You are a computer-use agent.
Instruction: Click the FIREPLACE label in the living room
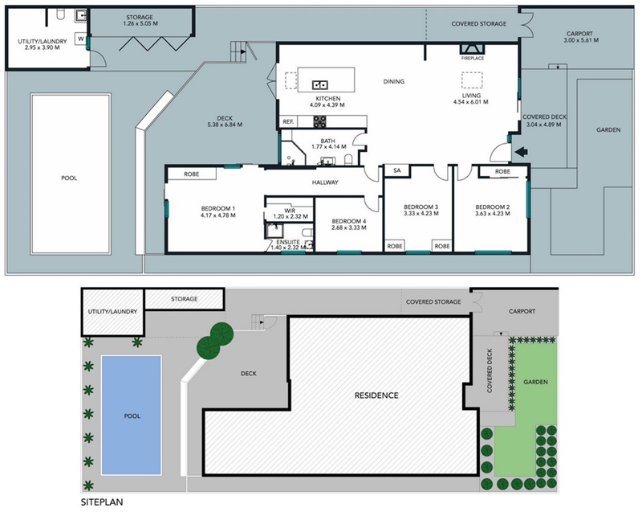click(x=473, y=58)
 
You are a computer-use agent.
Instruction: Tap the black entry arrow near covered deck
click(x=521, y=152)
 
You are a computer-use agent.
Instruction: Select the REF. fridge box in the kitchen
click(x=288, y=121)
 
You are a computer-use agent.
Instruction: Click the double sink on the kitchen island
click(x=319, y=85)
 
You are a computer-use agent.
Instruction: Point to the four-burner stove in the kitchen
click(x=319, y=121)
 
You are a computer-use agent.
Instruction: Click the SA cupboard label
click(x=396, y=170)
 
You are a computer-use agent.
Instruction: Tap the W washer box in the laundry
click(x=81, y=39)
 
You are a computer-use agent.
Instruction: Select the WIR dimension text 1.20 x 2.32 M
click(x=291, y=216)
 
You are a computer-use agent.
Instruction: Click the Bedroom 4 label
click(x=349, y=221)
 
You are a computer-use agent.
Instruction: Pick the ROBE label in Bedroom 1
click(x=191, y=174)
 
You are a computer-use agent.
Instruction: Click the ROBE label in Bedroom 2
click(x=502, y=171)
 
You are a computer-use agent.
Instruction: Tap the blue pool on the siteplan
click(x=132, y=416)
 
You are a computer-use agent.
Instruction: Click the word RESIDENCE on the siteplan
click(x=376, y=395)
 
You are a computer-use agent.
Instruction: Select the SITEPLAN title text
click(x=102, y=502)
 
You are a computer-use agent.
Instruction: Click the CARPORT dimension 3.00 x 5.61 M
click(x=581, y=40)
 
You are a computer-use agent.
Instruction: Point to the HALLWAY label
click(x=325, y=182)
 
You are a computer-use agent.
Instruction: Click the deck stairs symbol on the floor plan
click(x=238, y=51)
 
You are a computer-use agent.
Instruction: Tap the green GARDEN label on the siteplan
click(x=535, y=382)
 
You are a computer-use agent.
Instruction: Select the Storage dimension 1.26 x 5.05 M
click(x=140, y=23)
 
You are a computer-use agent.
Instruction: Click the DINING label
click(x=393, y=81)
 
